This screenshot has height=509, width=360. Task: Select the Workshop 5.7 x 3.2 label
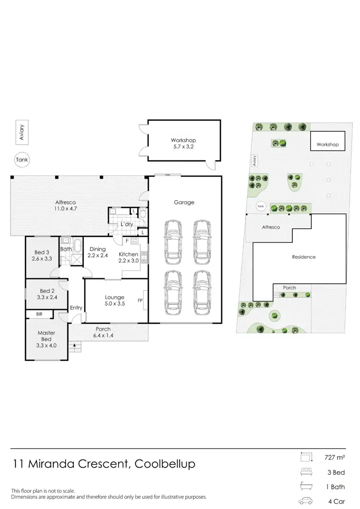coord(183,144)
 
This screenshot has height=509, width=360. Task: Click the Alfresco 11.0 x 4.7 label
coord(65,206)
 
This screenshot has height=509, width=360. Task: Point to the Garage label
coord(184,202)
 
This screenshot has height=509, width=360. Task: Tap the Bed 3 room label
coord(42,255)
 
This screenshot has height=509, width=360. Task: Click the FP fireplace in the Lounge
coord(141,301)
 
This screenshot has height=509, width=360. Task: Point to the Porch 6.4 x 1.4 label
coord(103,332)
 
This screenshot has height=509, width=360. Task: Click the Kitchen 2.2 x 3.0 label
coord(129,257)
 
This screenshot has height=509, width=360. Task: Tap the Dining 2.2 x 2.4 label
coord(98,252)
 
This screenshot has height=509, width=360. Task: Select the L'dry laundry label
coord(127,224)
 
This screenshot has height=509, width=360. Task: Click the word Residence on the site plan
coord(304,257)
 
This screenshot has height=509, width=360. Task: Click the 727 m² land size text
coord(336,457)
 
